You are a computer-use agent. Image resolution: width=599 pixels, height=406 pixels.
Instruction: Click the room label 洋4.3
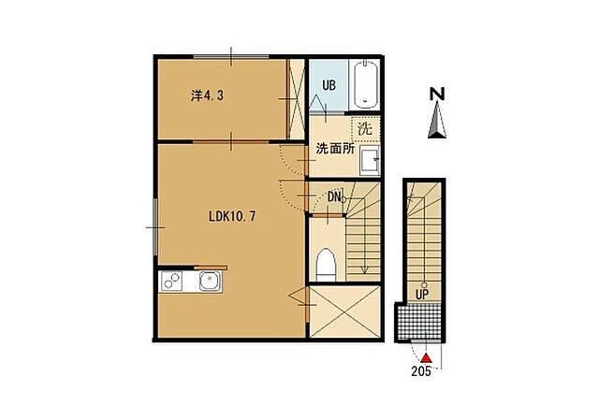[207, 95]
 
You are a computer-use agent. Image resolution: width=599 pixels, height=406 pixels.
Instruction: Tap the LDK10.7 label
[232, 216]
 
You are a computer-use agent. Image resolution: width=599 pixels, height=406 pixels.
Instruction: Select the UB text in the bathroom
[329, 85]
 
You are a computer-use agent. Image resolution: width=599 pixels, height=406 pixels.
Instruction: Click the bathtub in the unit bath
[366, 85]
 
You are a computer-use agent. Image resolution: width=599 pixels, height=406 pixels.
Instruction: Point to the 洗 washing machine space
[365, 129]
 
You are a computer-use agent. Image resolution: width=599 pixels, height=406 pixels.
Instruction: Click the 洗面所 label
[335, 149]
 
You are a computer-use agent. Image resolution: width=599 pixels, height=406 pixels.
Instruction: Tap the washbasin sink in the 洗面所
[370, 160]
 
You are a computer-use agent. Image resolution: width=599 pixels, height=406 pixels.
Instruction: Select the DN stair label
[334, 196]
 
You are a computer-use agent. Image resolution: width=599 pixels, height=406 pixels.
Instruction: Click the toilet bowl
[326, 265]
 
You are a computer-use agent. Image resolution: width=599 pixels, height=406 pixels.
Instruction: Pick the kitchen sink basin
[211, 282]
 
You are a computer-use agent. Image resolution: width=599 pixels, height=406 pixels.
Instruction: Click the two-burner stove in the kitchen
[171, 281]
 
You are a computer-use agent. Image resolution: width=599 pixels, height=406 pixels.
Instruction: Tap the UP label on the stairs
[422, 294]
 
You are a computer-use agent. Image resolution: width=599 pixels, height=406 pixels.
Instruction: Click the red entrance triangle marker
[426, 358]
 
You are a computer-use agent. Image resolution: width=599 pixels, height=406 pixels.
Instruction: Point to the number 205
[421, 371]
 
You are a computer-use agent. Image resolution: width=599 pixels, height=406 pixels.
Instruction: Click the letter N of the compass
[437, 94]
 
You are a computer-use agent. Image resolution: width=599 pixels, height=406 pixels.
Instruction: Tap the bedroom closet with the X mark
[296, 98]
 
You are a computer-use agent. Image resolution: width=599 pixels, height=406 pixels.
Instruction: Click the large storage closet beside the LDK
[344, 312]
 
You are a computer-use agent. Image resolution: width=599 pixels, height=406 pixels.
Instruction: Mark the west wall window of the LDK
[155, 227]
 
